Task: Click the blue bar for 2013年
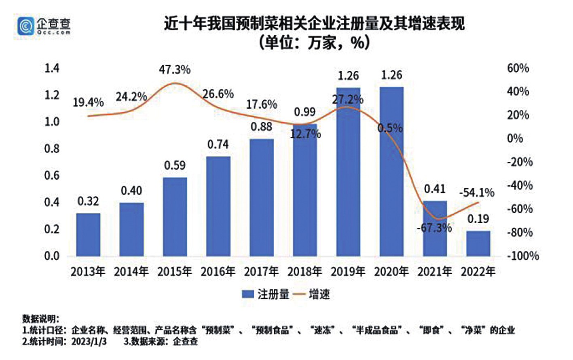coord(88,235)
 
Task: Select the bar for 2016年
coord(218,206)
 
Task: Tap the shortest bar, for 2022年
coord(478,244)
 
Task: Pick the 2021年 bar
coord(435,229)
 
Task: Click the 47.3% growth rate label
coord(174,70)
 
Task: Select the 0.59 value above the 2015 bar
coord(175,165)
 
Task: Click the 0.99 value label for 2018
coord(304,112)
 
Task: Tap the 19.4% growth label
coord(88,102)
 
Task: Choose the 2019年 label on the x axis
coord(348,271)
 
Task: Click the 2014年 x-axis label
coord(131,271)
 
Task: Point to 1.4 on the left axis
coord(52,68)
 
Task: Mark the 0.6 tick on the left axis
coord(52,175)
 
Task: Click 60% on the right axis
coord(518,68)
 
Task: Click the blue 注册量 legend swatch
coord(247,294)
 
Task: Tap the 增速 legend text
coord(319,294)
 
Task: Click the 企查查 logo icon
coord(25,26)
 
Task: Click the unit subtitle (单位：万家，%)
coord(314,42)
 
